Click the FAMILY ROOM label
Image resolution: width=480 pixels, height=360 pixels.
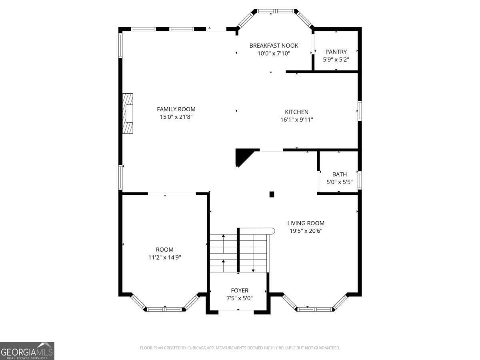pos(176,109)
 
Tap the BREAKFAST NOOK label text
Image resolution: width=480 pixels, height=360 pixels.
pos(274,46)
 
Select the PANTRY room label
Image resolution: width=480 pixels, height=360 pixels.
pos(336,52)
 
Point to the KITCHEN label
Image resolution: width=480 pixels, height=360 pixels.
pos(296,112)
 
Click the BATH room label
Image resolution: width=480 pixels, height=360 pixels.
pos(339,174)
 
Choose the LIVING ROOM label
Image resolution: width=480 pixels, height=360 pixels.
pos(306,223)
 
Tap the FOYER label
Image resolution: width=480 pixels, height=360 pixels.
pos(239,290)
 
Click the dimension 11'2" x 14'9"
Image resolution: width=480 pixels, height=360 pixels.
pos(164,258)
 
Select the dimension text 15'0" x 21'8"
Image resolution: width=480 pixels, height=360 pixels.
pos(176,117)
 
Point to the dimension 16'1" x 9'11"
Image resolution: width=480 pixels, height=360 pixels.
pos(296,120)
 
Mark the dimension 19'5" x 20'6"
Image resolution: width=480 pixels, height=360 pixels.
pos(306,231)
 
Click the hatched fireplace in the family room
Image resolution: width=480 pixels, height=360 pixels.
pos(128,114)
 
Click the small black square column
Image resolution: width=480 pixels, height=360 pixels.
pos(272,194)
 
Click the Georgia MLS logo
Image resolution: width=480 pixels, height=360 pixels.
pos(27,351)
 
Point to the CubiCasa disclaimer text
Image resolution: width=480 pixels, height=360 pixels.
pos(240,348)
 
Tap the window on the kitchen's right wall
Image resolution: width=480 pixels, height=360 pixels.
pos(359,111)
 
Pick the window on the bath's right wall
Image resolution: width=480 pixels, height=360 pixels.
pos(359,180)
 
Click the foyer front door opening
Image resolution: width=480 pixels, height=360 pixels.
pos(238,310)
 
